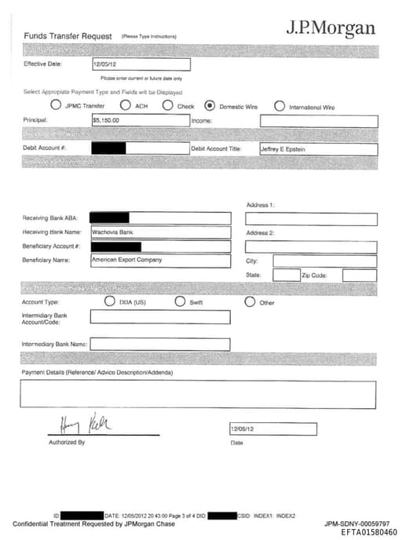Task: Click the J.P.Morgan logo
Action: pos(330,28)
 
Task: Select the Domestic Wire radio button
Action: pos(210,105)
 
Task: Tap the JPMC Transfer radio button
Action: pos(56,105)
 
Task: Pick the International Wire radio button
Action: pos(280,105)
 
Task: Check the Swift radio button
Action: pos(180,301)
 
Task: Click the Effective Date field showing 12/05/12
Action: pos(141,64)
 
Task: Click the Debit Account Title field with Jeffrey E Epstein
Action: pos(318,148)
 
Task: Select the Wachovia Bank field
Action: pos(160,232)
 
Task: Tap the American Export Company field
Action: pos(160,260)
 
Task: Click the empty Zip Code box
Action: pos(360,275)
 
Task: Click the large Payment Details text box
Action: pos(199,394)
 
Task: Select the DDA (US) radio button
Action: pos(110,301)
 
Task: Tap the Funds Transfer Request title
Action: pos(68,36)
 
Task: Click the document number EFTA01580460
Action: pos(369,532)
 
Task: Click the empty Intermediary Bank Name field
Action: pos(160,344)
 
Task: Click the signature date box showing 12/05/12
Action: pos(272,429)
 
